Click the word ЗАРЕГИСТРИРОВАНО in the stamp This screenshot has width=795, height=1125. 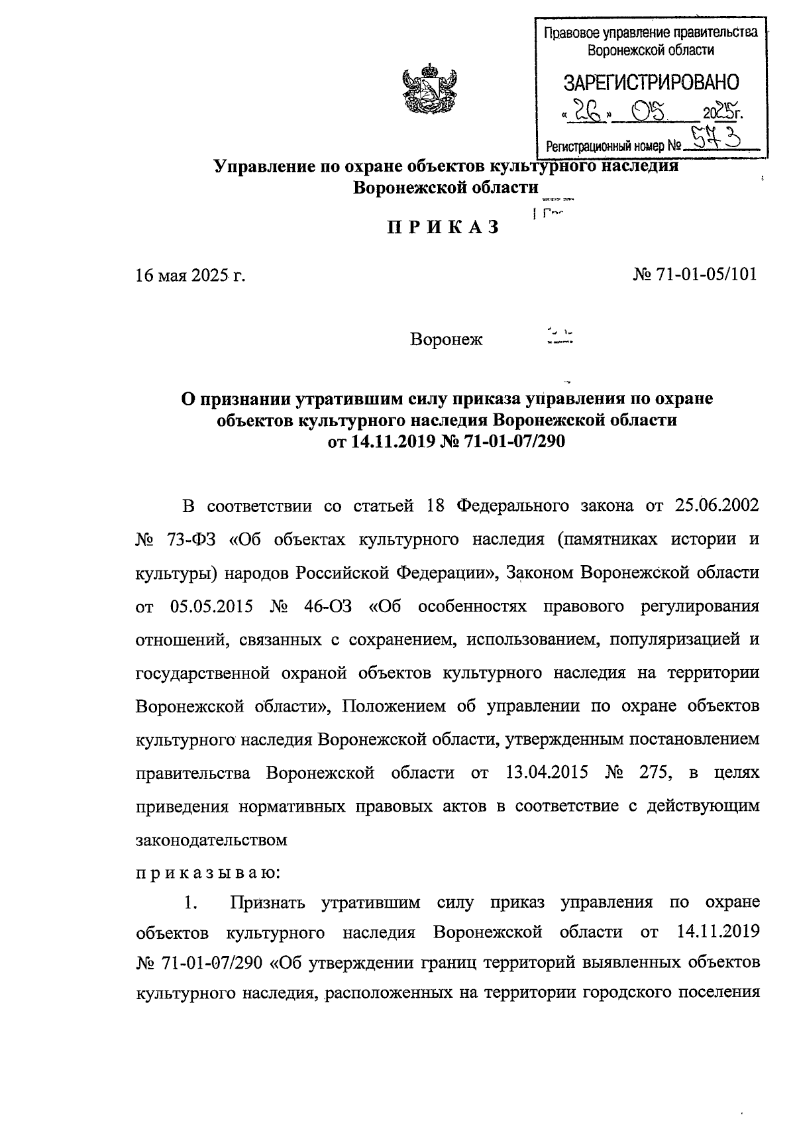tap(650, 83)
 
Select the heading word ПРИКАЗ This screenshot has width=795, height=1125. tap(442, 227)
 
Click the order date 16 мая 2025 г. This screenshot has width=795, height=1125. tap(190, 275)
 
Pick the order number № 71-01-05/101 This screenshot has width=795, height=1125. tap(695, 274)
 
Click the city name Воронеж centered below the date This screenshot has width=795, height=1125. tap(447, 340)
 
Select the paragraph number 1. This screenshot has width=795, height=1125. tap(191, 902)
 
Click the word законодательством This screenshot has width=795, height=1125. tap(211, 840)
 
